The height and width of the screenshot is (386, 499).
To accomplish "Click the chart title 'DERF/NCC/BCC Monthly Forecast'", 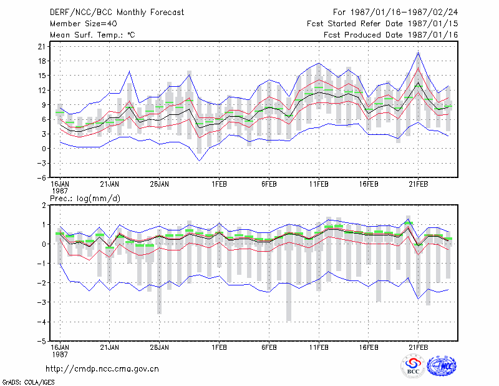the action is (x=117, y=12).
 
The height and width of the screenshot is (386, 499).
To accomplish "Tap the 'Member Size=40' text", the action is (x=84, y=24).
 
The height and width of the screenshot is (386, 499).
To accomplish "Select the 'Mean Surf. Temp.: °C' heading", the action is (x=92, y=35).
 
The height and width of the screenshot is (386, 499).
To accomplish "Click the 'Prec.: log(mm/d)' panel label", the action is (x=85, y=199).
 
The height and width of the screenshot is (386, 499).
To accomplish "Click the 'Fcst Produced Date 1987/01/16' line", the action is (x=391, y=35).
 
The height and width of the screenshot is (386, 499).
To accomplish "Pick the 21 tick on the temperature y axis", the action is (x=42, y=47).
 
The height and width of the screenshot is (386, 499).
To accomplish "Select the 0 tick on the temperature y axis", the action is (x=44, y=149).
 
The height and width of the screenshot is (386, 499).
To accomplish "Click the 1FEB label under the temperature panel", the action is (x=220, y=184).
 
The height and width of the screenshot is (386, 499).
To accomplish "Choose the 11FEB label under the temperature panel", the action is (x=319, y=184).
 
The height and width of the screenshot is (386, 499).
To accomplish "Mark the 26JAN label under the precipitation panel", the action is (x=160, y=347).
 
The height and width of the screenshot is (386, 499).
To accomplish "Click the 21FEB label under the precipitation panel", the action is (x=419, y=347).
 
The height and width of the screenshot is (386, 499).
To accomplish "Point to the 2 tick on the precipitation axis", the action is (x=44, y=205).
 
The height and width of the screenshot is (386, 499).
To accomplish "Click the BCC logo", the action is (x=413, y=366).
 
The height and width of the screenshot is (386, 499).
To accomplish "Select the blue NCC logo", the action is (x=442, y=366).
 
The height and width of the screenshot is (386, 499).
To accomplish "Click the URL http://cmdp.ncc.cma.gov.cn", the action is (x=102, y=369).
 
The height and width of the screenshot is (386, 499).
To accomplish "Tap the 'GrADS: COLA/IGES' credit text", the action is (x=29, y=382).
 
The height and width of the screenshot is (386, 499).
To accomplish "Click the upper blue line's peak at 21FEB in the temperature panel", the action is (x=419, y=53).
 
